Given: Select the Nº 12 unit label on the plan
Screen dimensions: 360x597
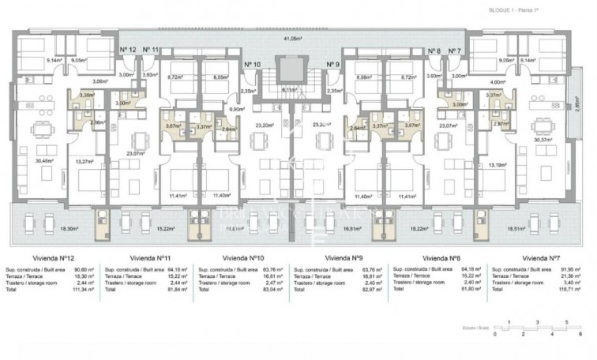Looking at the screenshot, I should click(x=128, y=50).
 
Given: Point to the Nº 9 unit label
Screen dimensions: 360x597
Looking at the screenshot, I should click(x=332, y=64).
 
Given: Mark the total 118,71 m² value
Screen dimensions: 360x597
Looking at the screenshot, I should click(x=569, y=291).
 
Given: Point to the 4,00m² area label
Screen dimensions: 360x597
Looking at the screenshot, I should click(x=497, y=81).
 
